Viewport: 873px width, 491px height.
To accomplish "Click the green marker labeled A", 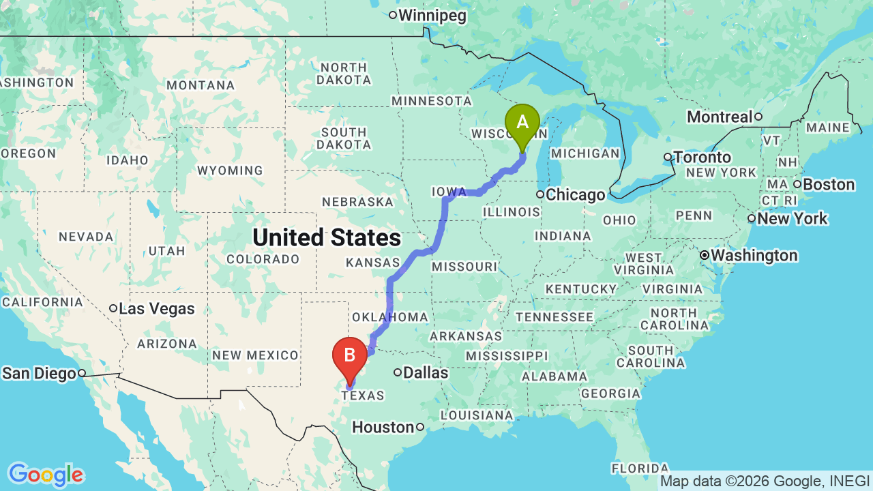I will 522,123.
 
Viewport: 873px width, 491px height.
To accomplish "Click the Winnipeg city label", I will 432,15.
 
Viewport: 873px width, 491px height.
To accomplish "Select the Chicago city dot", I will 539,194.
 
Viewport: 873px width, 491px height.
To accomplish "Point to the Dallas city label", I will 425,372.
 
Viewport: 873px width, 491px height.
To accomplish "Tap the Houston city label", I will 383,428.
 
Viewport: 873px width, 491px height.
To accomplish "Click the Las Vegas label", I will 157,308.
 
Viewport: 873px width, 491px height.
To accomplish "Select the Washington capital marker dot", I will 705,255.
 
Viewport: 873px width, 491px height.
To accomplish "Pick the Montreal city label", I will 719,117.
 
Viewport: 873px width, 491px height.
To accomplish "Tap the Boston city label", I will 829,184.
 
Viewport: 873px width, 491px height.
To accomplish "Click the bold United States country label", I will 327,237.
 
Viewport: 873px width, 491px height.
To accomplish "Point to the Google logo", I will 46,474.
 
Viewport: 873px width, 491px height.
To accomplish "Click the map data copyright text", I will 765,481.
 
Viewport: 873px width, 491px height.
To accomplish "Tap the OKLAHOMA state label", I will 389,317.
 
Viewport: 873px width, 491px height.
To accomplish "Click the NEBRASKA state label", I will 358,202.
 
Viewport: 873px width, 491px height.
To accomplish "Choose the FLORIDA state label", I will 640,468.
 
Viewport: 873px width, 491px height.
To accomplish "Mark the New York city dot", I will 751,218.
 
